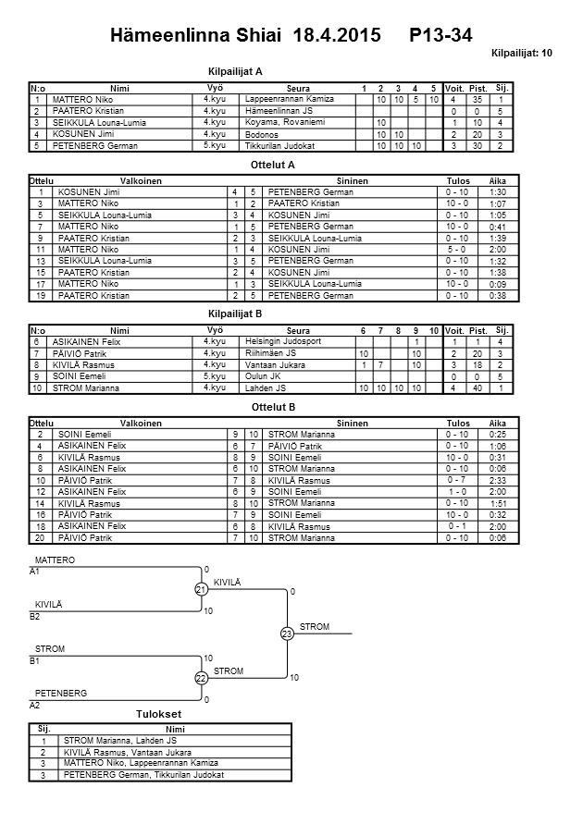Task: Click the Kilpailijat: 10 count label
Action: click(522, 54)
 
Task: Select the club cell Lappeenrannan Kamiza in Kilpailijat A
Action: click(287, 98)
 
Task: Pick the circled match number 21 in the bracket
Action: click(201, 590)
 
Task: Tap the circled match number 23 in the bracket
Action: click(288, 633)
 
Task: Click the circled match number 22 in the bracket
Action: click(201, 679)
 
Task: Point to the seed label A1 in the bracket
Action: click(35, 572)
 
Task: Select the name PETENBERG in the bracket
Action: click(61, 693)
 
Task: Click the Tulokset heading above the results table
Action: click(158, 715)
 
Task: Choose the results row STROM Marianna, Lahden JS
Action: click(120, 740)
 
